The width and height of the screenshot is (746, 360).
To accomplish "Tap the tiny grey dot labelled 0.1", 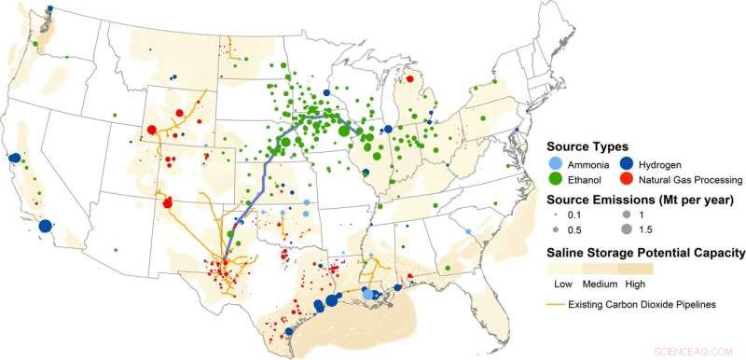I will pyautogui.click(x=555, y=215).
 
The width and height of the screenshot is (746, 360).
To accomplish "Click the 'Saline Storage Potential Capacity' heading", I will pyautogui.click(x=644, y=253).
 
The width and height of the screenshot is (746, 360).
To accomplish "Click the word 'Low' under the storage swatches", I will pyautogui.click(x=562, y=284).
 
